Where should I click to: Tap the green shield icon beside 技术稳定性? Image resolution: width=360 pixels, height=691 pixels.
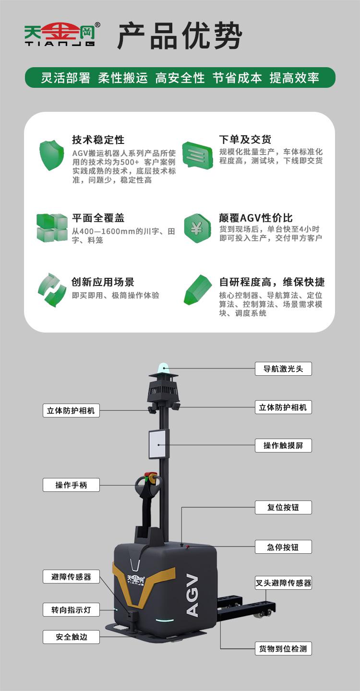pos(51,155)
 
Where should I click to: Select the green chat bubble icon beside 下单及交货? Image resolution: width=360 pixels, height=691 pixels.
pos(197,155)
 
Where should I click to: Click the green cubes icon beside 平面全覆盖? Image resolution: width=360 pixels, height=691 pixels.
pos(52,227)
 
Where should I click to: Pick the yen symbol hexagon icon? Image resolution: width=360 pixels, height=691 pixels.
pos(197,228)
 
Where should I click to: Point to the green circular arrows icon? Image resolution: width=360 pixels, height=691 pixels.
pos(52,290)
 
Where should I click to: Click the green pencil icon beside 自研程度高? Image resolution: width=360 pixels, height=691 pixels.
pos(197,290)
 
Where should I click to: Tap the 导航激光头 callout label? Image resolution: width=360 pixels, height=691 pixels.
pos(283,369)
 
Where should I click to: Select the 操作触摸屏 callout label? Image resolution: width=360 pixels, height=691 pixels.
pos(283,445)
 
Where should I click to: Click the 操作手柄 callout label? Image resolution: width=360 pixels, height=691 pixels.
pos(71,485)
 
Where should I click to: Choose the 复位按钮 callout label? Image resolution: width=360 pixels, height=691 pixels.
pos(283,508)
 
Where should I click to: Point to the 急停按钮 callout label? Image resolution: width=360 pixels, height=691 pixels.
pos(283,547)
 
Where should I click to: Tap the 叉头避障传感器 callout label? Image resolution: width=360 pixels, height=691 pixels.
pos(283,583)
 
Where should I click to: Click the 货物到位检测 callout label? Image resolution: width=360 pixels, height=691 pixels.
pos(283,648)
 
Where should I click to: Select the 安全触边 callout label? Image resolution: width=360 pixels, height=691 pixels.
pos(71,637)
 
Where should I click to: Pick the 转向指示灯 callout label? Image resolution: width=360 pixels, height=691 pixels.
pos(71,609)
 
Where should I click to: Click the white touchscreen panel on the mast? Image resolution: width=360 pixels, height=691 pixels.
pos(158,444)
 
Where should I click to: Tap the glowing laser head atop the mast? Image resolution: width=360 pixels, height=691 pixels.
pos(164,368)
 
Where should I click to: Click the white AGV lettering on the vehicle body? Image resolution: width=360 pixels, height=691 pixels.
pos(192,596)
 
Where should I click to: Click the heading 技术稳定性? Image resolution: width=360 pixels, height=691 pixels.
pos(98,140)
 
